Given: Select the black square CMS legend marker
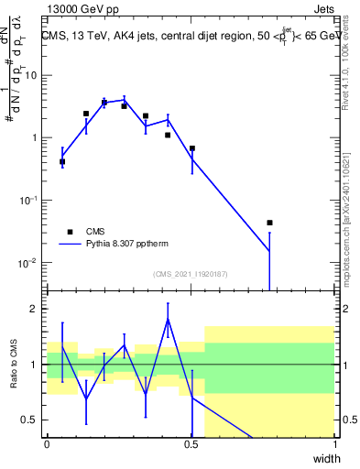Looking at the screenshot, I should pos(69,233).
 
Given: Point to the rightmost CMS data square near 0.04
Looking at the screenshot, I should pos(269,223).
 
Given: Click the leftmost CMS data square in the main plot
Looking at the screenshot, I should pos(62,161).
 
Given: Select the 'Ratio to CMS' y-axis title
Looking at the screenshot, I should pos(13,365).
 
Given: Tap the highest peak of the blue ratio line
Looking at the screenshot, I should pos(168,319).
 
